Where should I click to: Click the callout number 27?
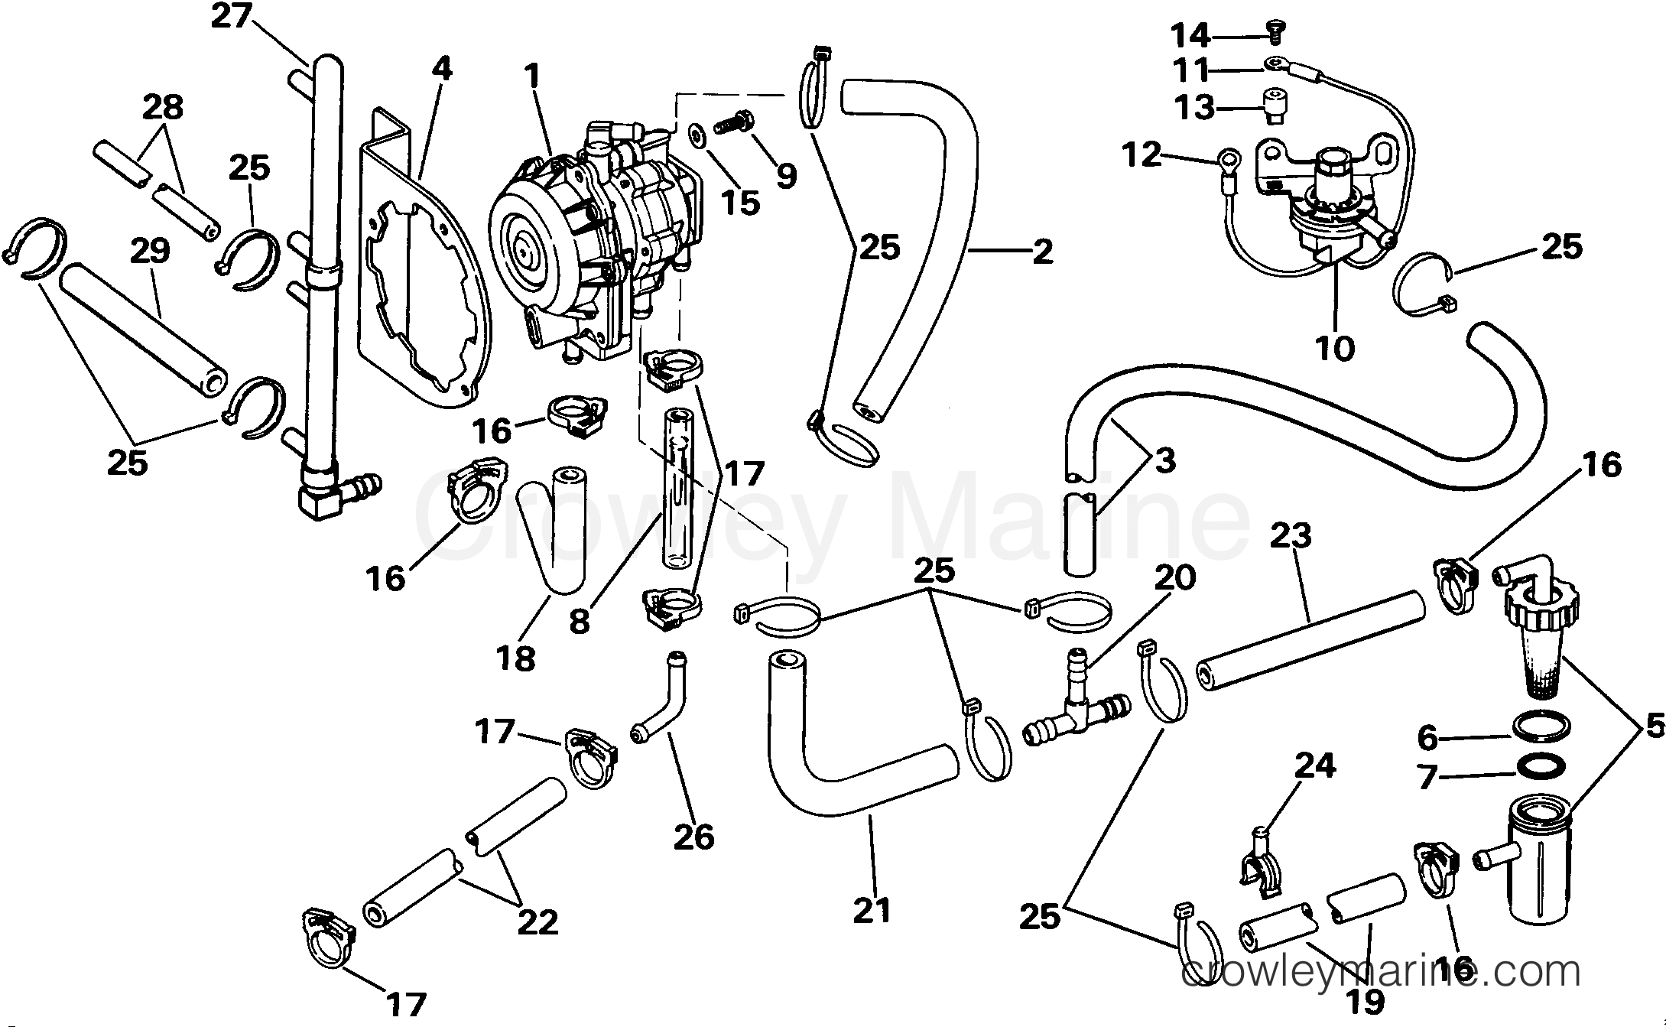(231, 16)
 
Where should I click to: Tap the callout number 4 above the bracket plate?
(441, 69)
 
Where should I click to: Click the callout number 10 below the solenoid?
(1335, 349)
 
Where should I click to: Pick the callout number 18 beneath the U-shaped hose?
(517, 658)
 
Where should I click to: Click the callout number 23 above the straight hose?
(1291, 536)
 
